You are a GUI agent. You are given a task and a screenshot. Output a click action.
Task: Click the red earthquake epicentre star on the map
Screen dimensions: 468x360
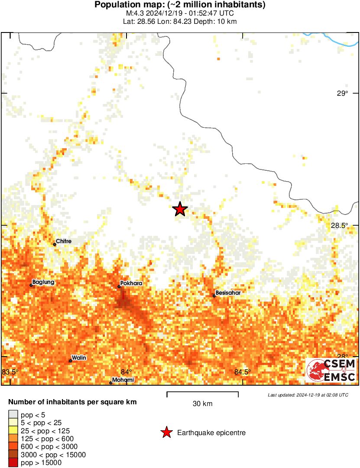[x=180, y=209]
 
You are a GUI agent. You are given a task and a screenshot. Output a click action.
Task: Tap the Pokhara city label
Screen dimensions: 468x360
[x=131, y=283]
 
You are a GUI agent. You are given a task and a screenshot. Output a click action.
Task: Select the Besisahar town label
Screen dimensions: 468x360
[x=228, y=292]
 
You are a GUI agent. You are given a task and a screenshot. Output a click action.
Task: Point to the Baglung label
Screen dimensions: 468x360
[x=43, y=282]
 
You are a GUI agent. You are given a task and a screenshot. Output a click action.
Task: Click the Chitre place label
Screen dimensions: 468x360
[x=64, y=241]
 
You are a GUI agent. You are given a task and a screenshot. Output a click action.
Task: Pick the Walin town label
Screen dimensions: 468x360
[x=79, y=357]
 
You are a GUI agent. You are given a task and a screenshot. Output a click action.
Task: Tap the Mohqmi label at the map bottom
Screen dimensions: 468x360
[x=123, y=380]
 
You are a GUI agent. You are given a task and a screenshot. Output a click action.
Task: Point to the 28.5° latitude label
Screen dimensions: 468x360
[x=340, y=225]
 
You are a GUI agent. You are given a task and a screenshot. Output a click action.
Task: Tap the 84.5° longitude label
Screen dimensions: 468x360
[x=243, y=372]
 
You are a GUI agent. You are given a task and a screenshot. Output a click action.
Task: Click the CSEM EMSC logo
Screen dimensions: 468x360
[x=331, y=370]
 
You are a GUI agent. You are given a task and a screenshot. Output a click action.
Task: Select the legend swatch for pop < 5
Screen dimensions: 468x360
[x=13, y=415]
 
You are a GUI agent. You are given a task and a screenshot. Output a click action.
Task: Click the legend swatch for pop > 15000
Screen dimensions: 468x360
[x=13, y=463]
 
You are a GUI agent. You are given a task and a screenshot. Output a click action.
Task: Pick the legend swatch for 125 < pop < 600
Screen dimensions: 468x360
[x=13, y=439]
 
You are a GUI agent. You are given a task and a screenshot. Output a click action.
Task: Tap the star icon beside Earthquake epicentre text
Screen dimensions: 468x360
[x=166, y=432]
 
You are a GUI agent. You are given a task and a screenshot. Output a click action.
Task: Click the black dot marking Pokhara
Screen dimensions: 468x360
[x=119, y=286]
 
